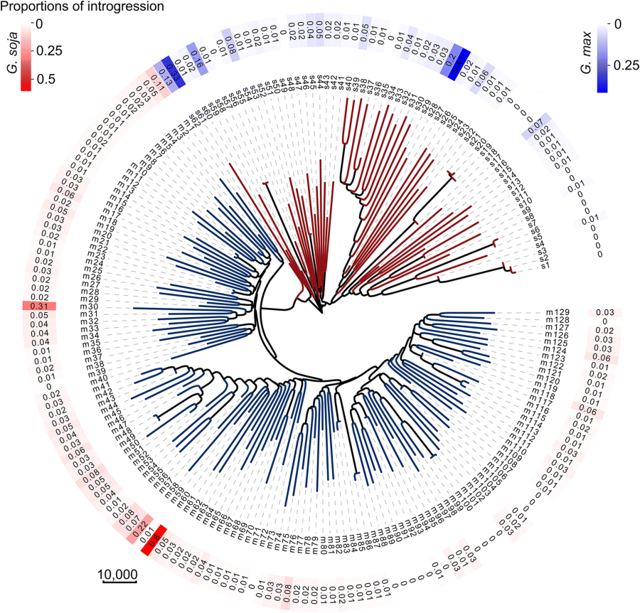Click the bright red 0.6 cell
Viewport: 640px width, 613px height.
[x=153, y=540]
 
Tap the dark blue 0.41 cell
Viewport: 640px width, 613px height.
[x=459, y=60]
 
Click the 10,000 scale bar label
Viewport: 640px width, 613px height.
[x=117, y=574]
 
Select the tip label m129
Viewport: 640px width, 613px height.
[x=559, y=312]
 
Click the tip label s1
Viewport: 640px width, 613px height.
[x=545, y=267]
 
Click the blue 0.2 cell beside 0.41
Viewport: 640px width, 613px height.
[x=449, y=55]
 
